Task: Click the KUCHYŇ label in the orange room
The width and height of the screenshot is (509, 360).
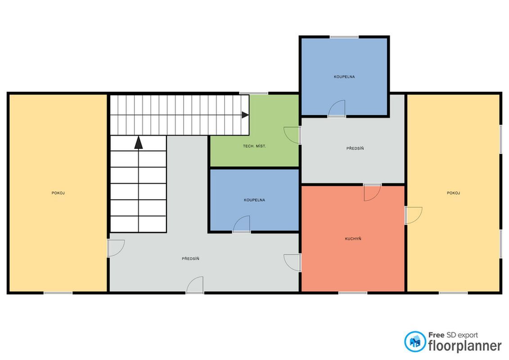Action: (x=353, y=239)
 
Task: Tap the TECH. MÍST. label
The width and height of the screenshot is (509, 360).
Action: (x=255, y=146)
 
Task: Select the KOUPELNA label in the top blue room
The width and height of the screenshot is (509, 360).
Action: (x=344, y=77)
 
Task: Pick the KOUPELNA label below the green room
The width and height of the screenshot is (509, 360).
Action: (x=255, y=200)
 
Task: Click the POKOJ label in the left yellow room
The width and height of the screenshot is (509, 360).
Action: (x=58, y=193)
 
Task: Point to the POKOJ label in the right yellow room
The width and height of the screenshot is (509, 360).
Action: (x=454, y=193)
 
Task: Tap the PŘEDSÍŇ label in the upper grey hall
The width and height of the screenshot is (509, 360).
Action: (x=355, y=148)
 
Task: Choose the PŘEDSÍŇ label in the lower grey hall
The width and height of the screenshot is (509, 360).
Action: (x=190, y=259)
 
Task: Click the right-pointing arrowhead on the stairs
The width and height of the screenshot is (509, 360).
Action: (x=245, y=115)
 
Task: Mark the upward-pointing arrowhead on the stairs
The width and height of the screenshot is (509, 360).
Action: (x=139, y=143)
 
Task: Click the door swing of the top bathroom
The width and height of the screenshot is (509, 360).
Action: (x=337, y=108)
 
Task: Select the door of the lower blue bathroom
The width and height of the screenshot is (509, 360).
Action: (x=242, y=224)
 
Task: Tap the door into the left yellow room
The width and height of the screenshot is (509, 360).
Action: (x=116, y=248)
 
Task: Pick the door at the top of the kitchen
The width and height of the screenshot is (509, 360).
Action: (x=372, y=193)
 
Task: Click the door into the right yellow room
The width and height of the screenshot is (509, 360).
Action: (x=414, y=216)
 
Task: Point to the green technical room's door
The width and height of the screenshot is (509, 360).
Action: (x=292, y=135)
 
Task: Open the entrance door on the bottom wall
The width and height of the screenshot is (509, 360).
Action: (x=195, y=285)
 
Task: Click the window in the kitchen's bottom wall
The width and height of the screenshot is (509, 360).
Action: (x=353, y=293)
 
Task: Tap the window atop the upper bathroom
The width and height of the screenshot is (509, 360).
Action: (x=344, y=37)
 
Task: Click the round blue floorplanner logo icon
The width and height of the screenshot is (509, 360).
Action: (x=415, y=342)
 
